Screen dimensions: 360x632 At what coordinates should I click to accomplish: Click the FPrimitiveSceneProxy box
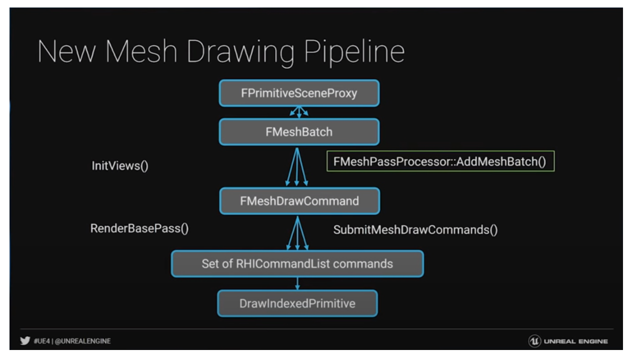click(x=299, y=93)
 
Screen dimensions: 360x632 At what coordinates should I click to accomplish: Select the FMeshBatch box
click(x=299, y=132)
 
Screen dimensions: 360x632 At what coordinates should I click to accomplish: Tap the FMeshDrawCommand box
click(x=299, y=201)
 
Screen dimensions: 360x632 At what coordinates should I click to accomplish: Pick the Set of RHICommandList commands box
click(x=297, y=263)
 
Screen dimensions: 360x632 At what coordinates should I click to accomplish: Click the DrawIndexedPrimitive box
click(x=297, y=303)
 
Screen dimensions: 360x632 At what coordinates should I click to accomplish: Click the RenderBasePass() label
click(x=135, y=229)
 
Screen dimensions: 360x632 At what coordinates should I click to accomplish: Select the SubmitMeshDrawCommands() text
click(x=415, y=230)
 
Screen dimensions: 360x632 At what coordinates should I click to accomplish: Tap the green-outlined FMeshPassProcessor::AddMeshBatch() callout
click(x=440, y=162)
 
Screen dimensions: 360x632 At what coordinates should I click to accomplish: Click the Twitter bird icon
click(x=23, y=341)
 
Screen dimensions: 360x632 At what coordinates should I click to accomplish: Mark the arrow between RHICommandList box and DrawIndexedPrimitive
click(x=297, y=283)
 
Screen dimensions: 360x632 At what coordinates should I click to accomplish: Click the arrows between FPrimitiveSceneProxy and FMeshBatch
click(x=299, y=112)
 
